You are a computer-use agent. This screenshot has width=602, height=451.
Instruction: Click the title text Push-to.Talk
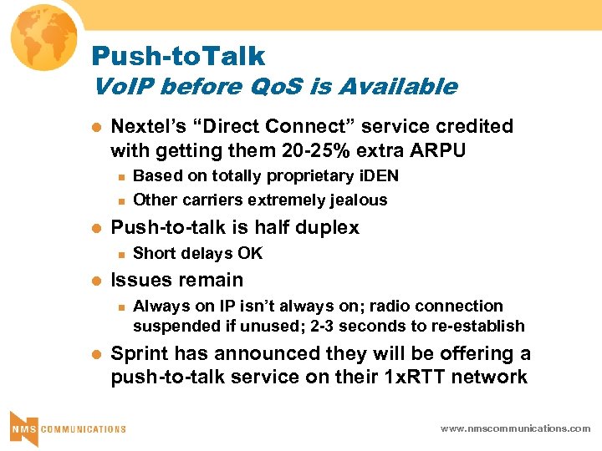pyautogui.click(x=178, y=56)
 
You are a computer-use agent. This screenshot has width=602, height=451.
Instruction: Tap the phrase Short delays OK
pyautogui.click(x=197, y=253)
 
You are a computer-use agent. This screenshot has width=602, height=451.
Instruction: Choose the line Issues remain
pyautogui.click(x=177, y=280)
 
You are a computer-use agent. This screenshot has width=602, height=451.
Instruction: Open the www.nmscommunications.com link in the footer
pyautogui.click(x=516, y=428)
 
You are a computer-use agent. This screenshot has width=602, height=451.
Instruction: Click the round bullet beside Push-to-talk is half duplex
pyautogui.click(x=95, y=228)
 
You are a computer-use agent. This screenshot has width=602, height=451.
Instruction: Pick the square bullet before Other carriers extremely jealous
pyautogui.click(x=121, y=200)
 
